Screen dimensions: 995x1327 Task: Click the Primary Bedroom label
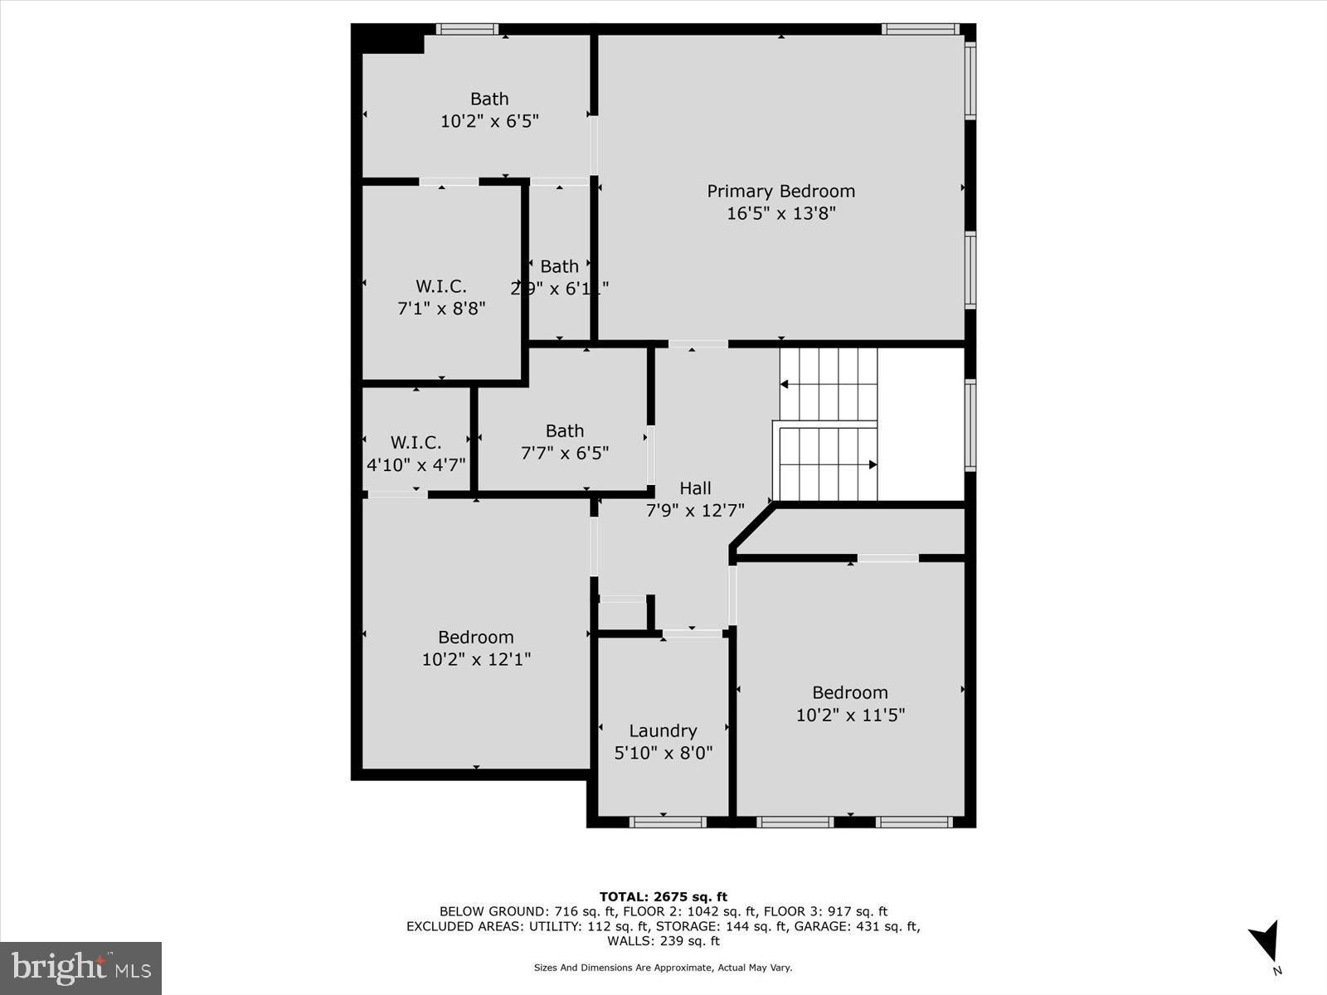(x=780, y=192)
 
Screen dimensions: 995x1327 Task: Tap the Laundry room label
(x=663, y=730)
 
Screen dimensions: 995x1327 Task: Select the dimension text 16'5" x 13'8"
(x=780, y=213)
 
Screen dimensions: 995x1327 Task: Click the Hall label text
(x=695, y=488)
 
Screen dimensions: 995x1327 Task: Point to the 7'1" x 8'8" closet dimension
(x=441, y=308)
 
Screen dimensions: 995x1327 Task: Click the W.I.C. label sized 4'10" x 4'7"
(x=416, y=443)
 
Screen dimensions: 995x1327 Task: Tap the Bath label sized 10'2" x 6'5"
(x=489, y=99)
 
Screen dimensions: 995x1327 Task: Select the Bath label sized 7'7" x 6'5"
(x=565, y=431)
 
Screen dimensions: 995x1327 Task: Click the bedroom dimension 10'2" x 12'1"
(x=476, y=659)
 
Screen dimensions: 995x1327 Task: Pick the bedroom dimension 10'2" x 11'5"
(x=850, y=715)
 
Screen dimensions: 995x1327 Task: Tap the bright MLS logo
(x=80, y=968)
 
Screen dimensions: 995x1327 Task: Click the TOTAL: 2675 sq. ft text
(x=663, y=896)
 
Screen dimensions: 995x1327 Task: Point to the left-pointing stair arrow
(x=785, y=384)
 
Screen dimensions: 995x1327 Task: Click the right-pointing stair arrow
(x=872, y=464)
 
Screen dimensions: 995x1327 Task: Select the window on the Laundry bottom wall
(x=668, y=822)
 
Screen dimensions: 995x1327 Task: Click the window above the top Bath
(x=467, y=29)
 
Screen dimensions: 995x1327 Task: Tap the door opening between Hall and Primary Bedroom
(x=698, y=343)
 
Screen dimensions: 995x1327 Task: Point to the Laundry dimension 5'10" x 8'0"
(x=663, y=753)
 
